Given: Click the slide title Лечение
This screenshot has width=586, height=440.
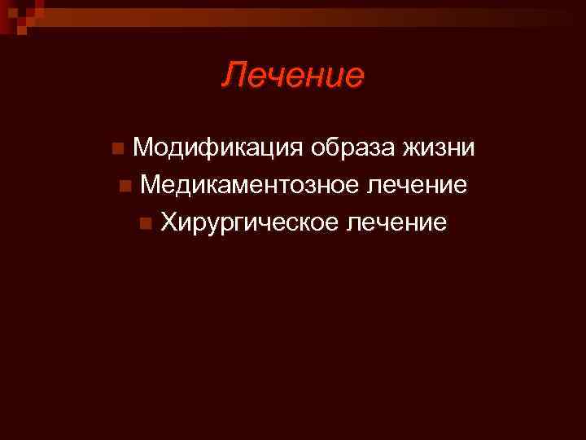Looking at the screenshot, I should point(293,76).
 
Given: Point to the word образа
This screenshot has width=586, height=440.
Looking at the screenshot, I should point(344,148).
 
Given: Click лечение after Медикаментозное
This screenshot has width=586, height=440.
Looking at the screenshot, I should point(417,186).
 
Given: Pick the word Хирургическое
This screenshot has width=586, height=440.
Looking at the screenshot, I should point(248,222).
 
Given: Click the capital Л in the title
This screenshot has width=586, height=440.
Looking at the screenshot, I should point(233,76).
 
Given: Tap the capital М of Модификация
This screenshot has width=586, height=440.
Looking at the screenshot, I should point(143,148).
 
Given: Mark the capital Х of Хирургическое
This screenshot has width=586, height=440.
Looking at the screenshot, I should point(168,222).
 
